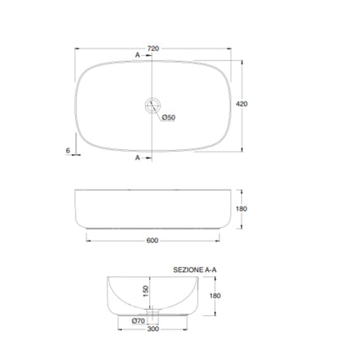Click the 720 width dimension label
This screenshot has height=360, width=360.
[x=153, y=48]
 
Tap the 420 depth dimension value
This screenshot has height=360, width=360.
[x=241, y=104]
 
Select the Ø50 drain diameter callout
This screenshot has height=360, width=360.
[x=169, y=118]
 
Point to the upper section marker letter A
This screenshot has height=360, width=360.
[x=137, y=55]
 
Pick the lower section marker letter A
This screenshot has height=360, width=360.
[x=137, y=158]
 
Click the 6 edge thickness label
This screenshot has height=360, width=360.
[x=68, y=151]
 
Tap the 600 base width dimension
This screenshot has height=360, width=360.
[x=152, y=241]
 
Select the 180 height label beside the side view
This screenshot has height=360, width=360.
[x=241, y=208]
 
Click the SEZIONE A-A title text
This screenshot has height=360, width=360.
[x=195, y=270]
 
